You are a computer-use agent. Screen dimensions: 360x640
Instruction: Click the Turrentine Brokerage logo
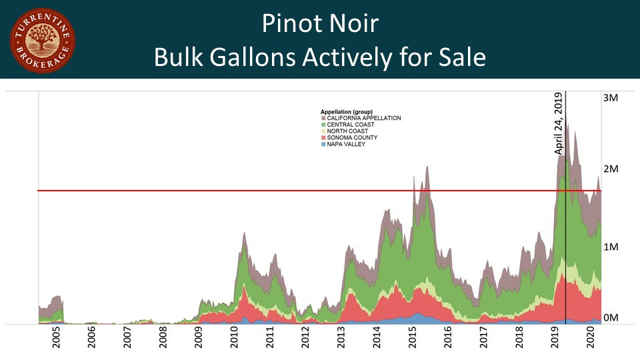[x=42, y=41]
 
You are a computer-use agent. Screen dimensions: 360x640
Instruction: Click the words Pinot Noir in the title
[x=320, y=24]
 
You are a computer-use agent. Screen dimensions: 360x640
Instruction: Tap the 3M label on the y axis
[x=611, y=97]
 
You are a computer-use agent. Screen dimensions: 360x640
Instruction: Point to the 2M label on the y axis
[x=611, y=169]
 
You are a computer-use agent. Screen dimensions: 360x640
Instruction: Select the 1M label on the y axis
[x=611, y=247]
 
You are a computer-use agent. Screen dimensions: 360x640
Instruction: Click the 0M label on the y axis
[x=611, y=317]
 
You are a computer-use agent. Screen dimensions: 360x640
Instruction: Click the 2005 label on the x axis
[x=56, y=341]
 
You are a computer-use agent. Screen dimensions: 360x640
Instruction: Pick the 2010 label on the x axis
[x=235, y=341]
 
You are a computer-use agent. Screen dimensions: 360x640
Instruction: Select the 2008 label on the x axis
[x=163, y=341]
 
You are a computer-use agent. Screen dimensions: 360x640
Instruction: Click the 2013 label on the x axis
[x=342, y=341]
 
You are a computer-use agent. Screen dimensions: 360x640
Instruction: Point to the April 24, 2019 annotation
[x=559, y=124]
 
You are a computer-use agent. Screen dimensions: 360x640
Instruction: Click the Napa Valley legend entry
[x=346, y=144]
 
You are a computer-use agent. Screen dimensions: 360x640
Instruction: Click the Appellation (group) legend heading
[x=347, y=111]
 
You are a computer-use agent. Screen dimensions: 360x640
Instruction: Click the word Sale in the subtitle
[x=460, y=57]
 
